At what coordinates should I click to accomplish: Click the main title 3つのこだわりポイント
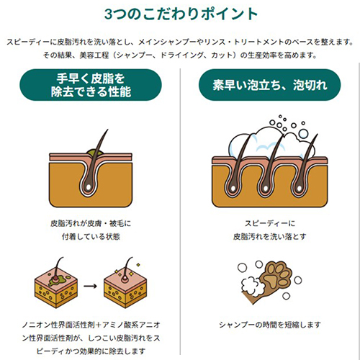[x=180, y=14]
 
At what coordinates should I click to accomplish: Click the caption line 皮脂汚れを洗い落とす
[x=269, y=235]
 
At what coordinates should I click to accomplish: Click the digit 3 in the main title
[x=108, y=14]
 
